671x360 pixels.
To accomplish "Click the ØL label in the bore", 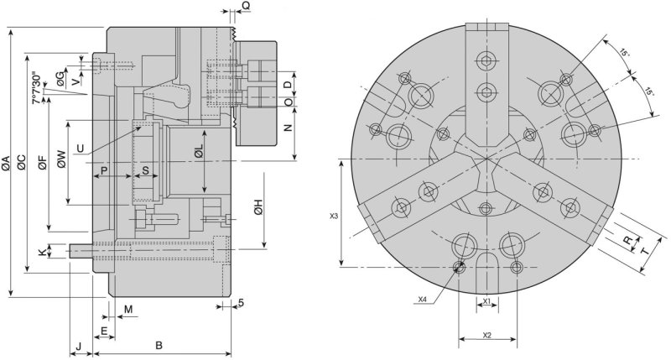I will (199, 152).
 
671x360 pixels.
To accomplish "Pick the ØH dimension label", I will (259, 207).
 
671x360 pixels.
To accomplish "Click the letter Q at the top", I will (245, 6).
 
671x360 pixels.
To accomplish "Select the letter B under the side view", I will (158, 345).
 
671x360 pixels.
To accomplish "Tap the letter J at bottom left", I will (78, 345).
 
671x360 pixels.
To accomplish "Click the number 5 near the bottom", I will (240, 303).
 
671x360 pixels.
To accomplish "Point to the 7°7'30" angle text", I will (35, 88).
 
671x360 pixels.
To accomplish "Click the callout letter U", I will (80, 149).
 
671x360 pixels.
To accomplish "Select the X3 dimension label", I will (334, 216).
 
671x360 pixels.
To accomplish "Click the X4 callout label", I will (422, 298).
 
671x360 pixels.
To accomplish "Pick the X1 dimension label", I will (487, 301).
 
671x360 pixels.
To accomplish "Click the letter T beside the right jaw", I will (645, 249).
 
